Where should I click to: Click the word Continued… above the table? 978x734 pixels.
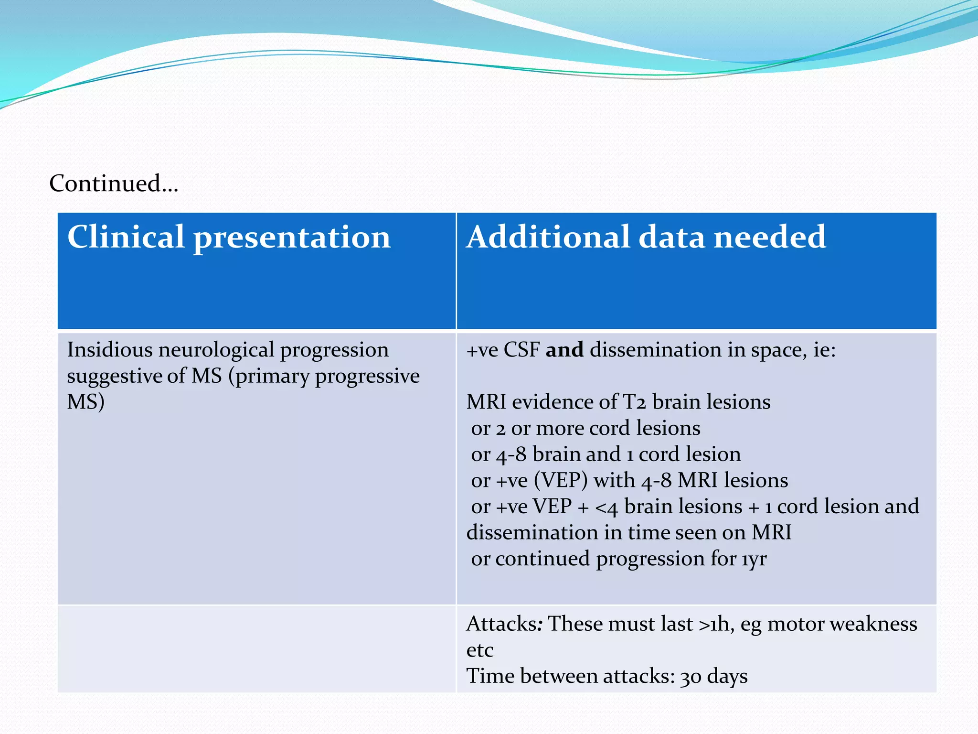click(114, 183)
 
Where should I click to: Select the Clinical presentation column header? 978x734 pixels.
click(229, 237)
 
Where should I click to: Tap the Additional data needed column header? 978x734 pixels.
click(646, 237)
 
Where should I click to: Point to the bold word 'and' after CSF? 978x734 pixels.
click(564, 350)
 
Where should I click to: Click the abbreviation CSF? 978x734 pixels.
click(521, 350)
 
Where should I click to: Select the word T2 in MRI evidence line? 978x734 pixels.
click(634, 402)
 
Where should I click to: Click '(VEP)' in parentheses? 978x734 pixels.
click(561, 480)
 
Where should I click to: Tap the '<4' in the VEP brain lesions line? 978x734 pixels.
click(606, 507)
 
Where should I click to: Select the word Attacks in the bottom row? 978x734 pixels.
click(501, 624)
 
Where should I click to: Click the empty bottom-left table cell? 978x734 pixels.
click(256, 649)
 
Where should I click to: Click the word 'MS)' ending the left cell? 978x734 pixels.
click(85, 402)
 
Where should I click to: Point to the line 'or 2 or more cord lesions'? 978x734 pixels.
click(585, 428)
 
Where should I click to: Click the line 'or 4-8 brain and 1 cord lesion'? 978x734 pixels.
click(606, 454)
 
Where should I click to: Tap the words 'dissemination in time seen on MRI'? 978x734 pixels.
click(628, 533)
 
